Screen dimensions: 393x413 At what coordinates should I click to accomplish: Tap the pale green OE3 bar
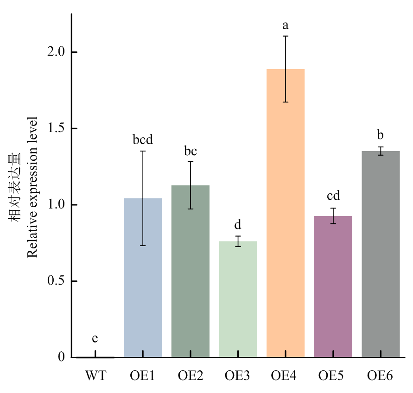point(238,306)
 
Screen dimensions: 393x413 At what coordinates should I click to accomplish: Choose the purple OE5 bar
point(333,297)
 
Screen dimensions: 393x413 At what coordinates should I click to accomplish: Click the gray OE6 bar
point(381,260)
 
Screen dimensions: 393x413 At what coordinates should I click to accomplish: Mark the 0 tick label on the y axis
point(61,357)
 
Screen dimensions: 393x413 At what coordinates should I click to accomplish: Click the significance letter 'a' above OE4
point(286,25)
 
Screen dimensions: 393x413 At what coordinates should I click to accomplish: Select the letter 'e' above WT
point(95,339)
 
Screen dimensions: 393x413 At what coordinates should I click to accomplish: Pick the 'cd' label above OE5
point(333,196)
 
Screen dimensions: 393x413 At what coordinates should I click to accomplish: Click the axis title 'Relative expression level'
point(32,186)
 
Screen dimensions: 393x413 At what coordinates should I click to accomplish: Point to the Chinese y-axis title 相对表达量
point(15,186)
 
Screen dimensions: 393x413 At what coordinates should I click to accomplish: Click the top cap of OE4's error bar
point(286,36)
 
